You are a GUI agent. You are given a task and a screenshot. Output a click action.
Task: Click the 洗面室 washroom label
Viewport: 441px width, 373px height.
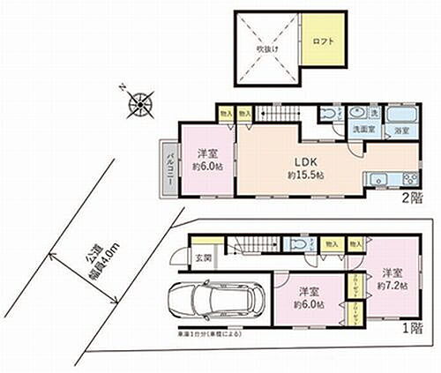tap(355, 131)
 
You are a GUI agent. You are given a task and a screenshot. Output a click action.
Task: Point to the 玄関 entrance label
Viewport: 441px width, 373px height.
tap(202, 257)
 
